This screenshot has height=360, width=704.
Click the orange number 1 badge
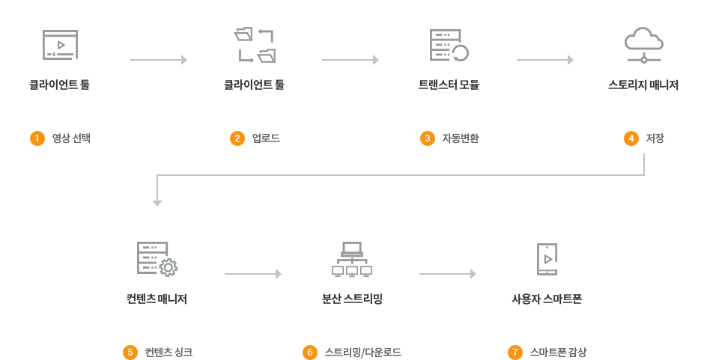click(x=37, y=138)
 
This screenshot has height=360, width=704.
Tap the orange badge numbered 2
click(x=237, y=138)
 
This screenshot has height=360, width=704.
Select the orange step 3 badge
click(x=427, y=138)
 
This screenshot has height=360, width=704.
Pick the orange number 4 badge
click(x=631, y=138)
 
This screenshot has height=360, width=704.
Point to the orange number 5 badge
click(x=130, y=352)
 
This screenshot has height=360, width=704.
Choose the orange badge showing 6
click(x=309, y=352)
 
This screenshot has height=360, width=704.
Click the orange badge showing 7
click(x=515, y=352)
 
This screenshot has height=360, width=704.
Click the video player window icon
click(x=60, y=45)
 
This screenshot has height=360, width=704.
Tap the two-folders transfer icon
click(x=255, y=45)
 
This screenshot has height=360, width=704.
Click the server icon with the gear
click(x=157, y=259)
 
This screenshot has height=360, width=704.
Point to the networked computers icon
click(x=352, y=259)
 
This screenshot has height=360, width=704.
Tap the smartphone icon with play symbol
click(x=547, y=259)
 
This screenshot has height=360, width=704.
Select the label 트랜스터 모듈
click(x=449, y=85)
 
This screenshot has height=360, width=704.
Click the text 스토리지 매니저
click(x=643, y=85)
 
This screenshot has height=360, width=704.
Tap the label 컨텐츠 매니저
click(x=157, y=299)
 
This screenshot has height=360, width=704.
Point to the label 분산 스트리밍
click(x=352, y=299)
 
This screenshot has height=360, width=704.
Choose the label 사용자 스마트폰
click(x=547, y=299)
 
